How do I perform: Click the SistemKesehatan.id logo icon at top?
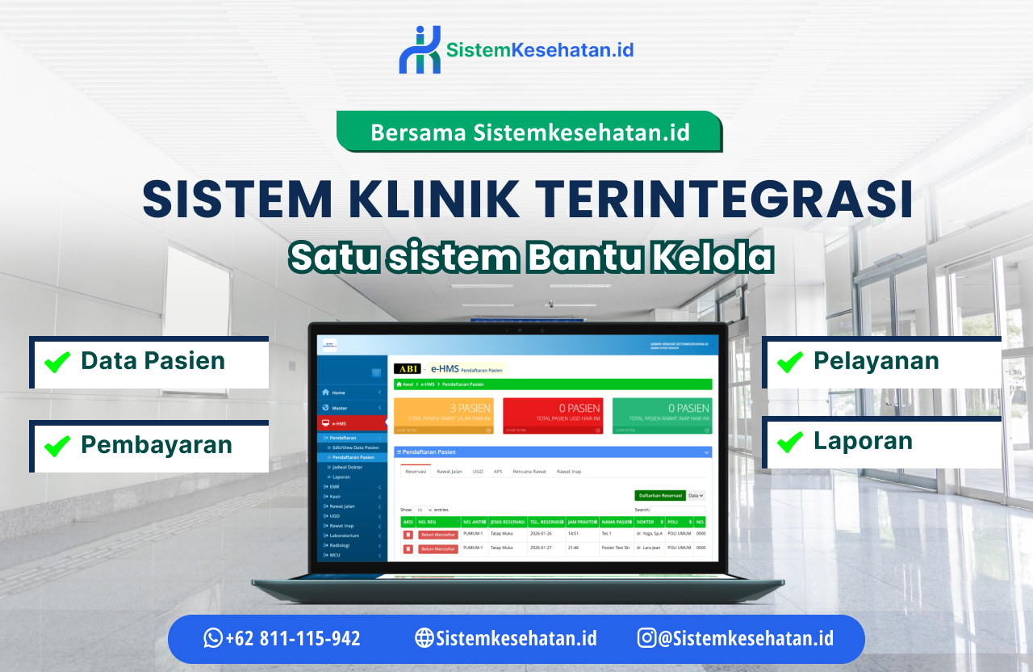(x=420, y=50)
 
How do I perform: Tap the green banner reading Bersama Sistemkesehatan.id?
(x=529, y=132)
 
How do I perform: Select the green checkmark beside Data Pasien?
(x=56, y=361)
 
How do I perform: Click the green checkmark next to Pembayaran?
(x=56, y=445)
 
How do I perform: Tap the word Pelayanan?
(x=876, y=360)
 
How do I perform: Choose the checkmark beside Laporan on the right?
(x=789, y=441)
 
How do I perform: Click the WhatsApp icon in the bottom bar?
(x=213, y=638)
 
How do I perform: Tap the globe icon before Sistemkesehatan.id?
(x=424, y=638)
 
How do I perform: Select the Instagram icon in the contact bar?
(x=647, y=638)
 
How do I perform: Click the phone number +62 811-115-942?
(x=293, y=638)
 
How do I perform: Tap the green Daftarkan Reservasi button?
(x=659, y=495)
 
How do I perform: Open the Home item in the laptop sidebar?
(x=339, y=393)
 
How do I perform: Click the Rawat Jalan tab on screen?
(x=450, y=471)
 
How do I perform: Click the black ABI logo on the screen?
(x=408, y=368)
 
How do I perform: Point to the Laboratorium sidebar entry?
(x=345, y=535)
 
